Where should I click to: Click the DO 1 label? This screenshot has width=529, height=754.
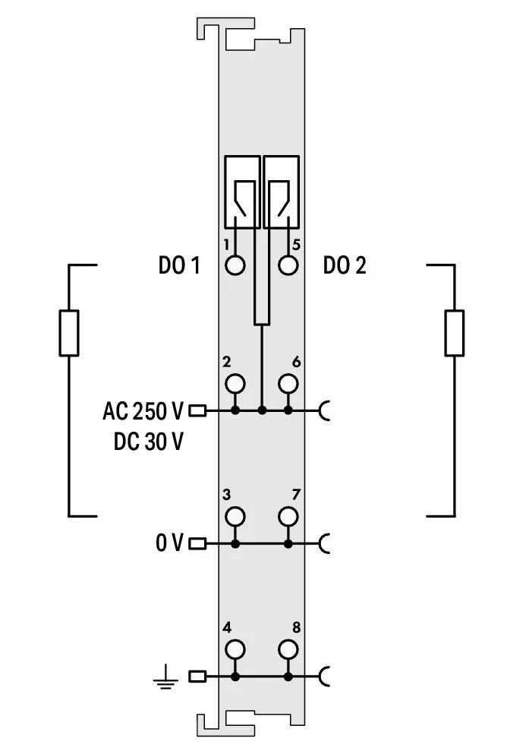(179, 265)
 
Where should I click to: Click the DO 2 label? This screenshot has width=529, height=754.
(345, 265)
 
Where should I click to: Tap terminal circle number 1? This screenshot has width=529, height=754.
(235, 265)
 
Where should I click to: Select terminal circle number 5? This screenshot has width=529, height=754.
(288, 265)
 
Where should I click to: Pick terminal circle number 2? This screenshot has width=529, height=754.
(235, 384)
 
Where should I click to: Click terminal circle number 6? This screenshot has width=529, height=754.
(288, 384)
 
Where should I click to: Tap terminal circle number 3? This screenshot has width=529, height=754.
(235, 516)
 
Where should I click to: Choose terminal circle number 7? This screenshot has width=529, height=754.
(288, 516)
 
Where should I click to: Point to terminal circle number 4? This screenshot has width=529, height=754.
(235, 649)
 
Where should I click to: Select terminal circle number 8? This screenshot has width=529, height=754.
(288, 649)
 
